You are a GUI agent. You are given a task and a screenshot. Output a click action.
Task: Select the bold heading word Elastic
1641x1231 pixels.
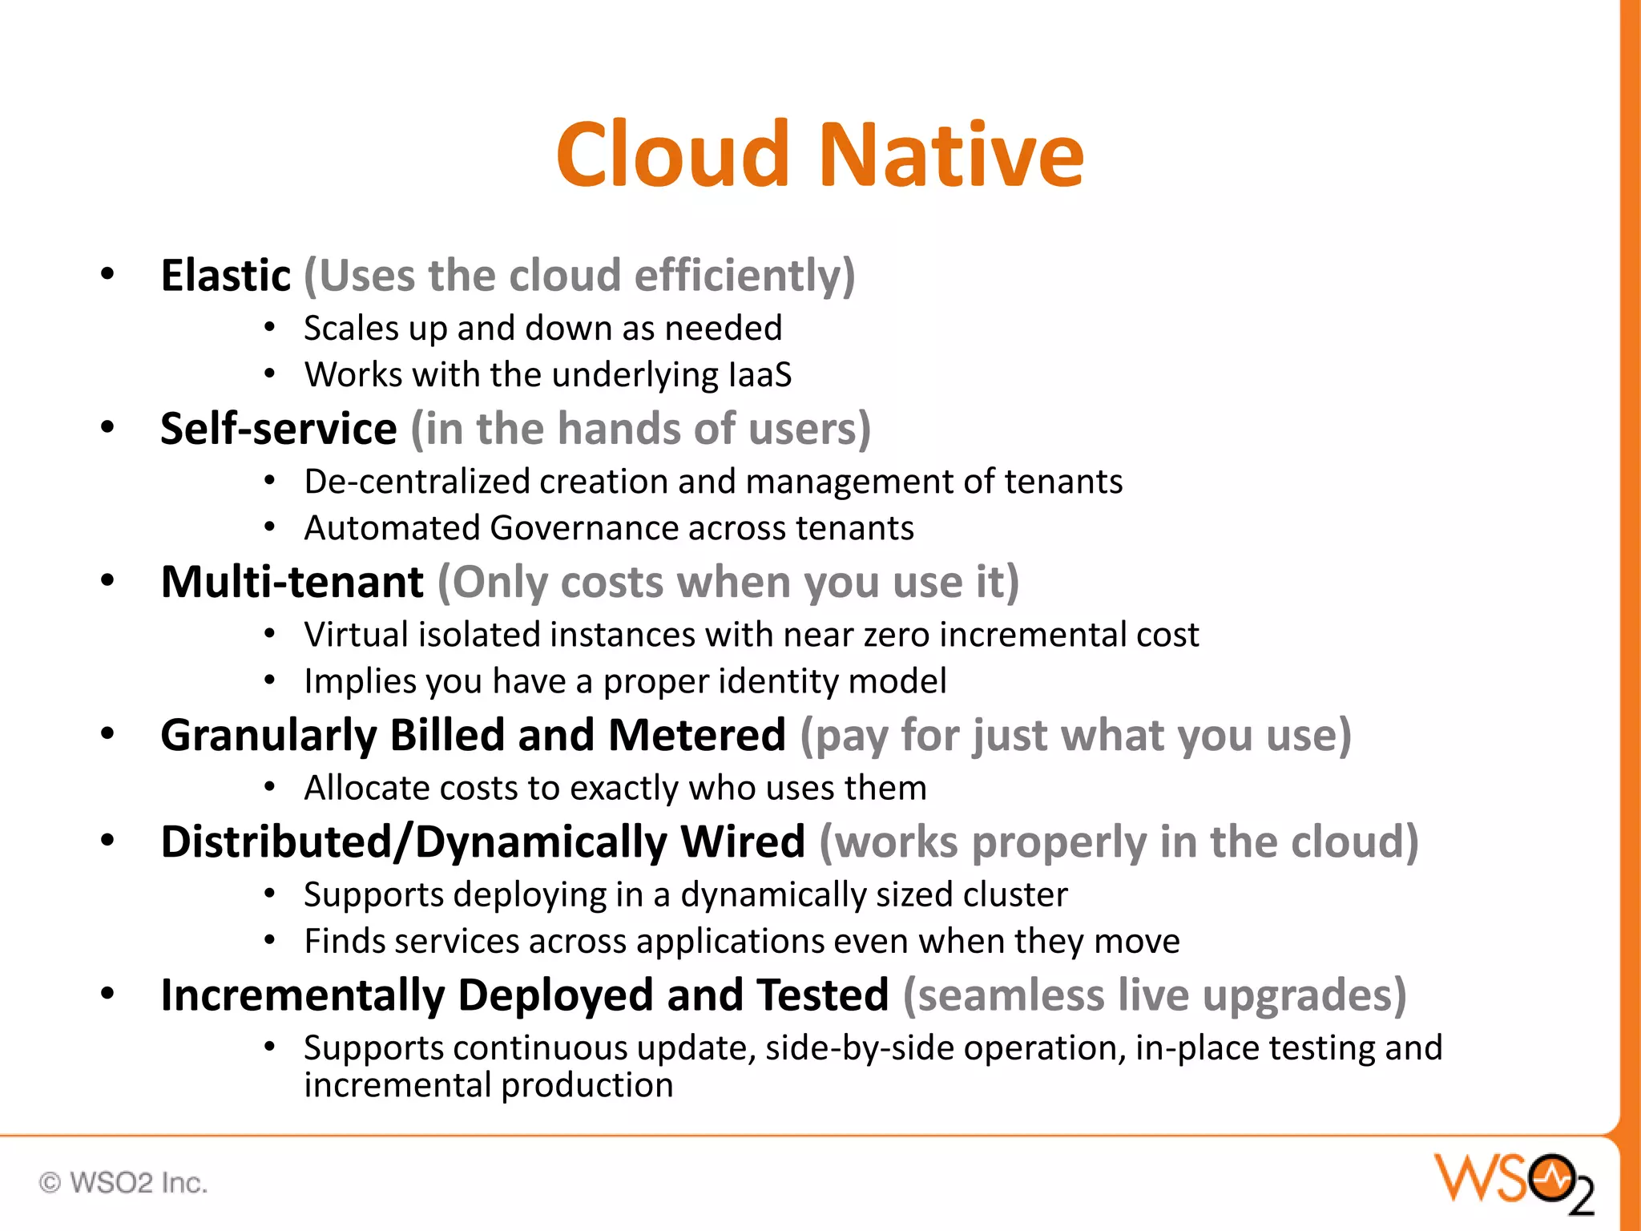[x=225, y=276]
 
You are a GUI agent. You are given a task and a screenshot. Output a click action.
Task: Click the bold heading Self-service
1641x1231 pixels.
[x=278, y=429]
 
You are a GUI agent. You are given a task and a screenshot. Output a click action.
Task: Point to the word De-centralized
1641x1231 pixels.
[x=417, y=482]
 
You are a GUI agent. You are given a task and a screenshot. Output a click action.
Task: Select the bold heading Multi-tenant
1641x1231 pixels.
[x=292, y=582]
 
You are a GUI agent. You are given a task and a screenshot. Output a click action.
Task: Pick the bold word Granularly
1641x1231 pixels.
[x=268, y=736]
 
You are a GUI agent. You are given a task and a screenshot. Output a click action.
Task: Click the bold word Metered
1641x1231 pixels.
[x=696, y=736]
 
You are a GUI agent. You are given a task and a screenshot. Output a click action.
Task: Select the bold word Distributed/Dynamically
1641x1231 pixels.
[x=413, y=842]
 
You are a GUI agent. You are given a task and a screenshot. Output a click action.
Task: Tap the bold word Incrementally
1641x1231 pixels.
[x=302, y=995]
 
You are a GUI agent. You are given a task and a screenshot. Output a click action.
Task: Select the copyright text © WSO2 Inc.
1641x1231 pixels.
[x=123, y=1183]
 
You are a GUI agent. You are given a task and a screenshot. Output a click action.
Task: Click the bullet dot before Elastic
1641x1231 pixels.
[x=107, y=275]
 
